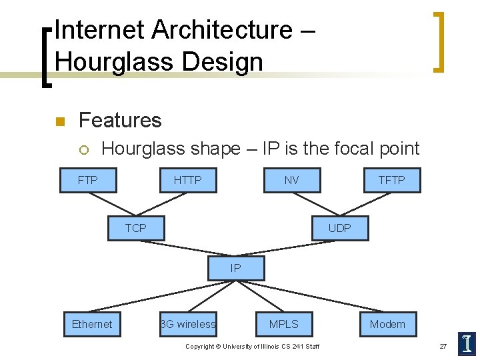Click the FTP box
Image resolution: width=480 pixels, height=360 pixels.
[87, 180]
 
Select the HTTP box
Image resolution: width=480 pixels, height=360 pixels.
[187, 180]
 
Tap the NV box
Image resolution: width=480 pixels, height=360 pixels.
[291, 180]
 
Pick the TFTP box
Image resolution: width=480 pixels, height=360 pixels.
[391, 180]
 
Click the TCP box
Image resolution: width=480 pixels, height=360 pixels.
[136, 228]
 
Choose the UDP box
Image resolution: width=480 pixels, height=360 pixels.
[339, 228]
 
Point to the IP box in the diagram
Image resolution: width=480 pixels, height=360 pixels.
[236, 269]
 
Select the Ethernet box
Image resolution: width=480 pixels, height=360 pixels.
[92, 325]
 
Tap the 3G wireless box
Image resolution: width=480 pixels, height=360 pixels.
[188, 325]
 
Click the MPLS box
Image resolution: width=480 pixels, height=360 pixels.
[284, 325]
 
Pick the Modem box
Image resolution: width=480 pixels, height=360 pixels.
[387, 325]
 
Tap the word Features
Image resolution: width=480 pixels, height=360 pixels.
[120, 120]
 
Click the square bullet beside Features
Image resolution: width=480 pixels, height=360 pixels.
[59, 121]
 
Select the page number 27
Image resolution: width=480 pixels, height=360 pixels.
[443, 346]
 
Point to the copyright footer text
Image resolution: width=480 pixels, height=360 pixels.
[252, 346]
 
